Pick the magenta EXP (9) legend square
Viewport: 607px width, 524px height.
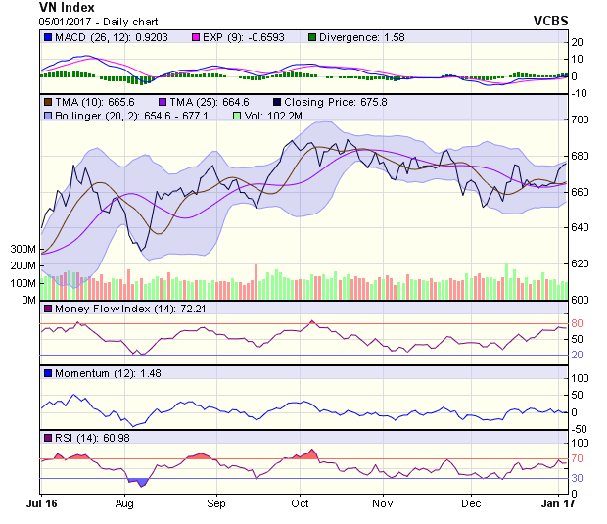(x=195, y=37)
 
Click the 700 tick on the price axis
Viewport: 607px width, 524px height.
(x=582, y=119)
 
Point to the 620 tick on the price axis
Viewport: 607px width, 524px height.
(x=582, y=263)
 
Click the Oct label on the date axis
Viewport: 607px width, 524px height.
(x=300, y=503)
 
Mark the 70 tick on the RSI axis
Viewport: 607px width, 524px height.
(x=578, y=458)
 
